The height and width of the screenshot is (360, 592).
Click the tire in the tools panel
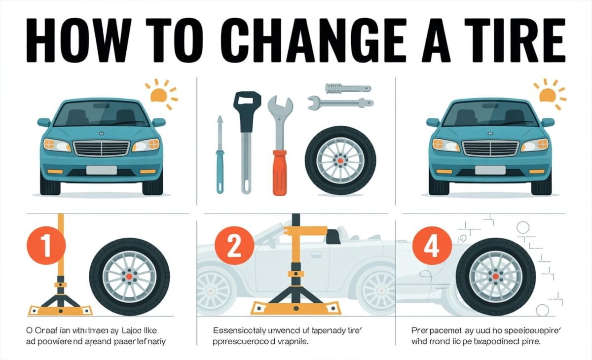340,160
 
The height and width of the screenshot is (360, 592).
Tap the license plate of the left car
101,170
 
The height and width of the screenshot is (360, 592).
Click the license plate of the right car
490,170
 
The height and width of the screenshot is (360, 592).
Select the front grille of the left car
102,147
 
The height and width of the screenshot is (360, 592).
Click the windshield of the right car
490,114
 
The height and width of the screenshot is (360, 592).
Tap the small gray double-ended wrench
340,103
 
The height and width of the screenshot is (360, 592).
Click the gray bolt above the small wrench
347,88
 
